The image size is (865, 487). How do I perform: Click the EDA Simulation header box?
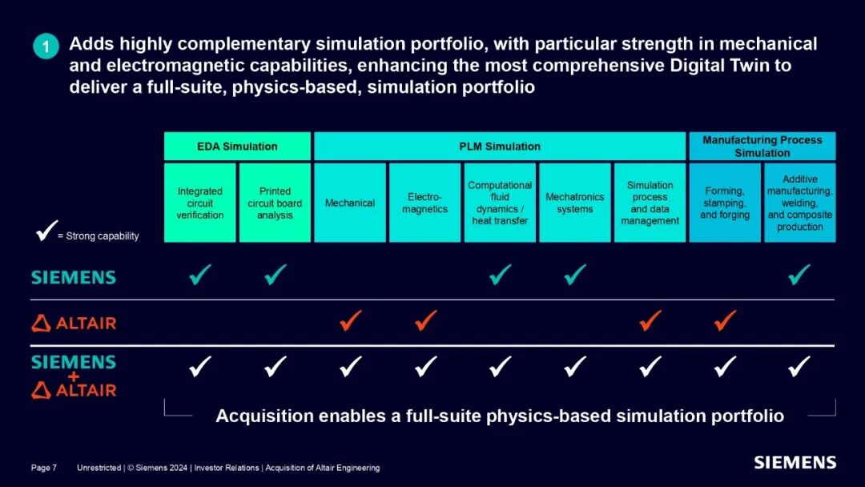click(x=237, y=147)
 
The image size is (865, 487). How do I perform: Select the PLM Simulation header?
click(x=500, y=147)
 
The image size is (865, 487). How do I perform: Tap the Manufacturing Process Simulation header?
click(x=762, y=147)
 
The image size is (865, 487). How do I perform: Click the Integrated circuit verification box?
click(x=200, y=203)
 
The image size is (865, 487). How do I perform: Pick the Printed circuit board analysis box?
click(x=275, y=203)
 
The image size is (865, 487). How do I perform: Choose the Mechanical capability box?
click(x=350, y=203)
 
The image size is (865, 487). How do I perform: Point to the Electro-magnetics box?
click(x=424, y=203)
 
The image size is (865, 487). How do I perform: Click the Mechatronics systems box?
click(x=574, y=203)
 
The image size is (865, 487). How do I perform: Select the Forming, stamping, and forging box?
click(x=725, y=203)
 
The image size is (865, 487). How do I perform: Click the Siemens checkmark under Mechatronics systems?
click(x=574, y=276)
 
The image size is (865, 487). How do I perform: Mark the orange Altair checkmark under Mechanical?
click(x=350, y=321)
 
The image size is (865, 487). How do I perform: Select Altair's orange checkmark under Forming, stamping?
click(x=725, y=321)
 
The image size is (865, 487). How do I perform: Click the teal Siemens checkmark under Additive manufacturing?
click(x=799, y=276)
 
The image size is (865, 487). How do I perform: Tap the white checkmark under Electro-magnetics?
click(x=425, y=367)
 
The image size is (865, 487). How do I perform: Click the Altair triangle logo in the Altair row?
click(x=42, y=324)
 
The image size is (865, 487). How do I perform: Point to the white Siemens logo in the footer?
click(x=795, y=462)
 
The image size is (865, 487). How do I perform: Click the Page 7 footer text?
click(x=44, y=468)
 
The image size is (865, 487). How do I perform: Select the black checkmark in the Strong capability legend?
click(x=45, y=234)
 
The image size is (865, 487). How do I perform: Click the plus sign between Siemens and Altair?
click(x=74, y=376)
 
